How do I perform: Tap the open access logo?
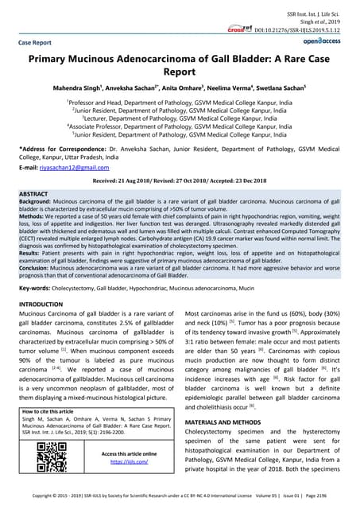click(323, 40)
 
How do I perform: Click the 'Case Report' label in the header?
click(40, 41)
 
